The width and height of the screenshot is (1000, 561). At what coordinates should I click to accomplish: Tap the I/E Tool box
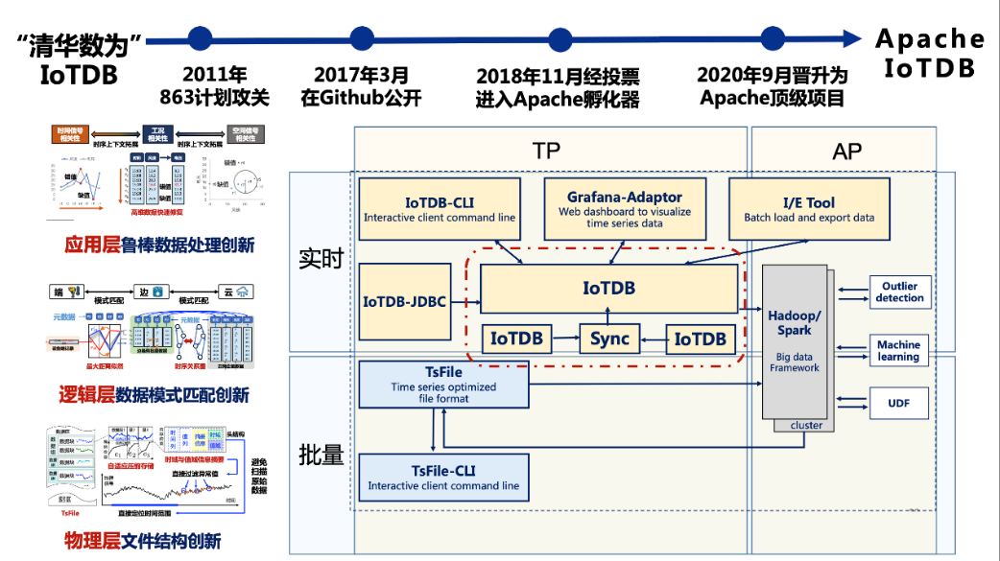[x=809, y=209]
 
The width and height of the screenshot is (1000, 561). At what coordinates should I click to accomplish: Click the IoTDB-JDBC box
[x=404, y=302]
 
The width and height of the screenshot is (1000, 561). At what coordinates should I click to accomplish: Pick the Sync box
[x=608, y=339]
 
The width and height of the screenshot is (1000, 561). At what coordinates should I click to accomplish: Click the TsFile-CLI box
[x=443, y=478]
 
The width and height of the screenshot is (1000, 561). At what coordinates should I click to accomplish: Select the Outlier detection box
[x=900, y=292]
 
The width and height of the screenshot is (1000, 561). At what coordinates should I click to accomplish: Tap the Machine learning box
[x=898, y=351]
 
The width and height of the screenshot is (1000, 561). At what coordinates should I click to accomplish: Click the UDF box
[x=900, y=404]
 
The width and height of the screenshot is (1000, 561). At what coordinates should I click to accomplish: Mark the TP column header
[x=546, y=151]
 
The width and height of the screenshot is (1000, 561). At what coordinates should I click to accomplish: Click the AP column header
[x=847, y=151]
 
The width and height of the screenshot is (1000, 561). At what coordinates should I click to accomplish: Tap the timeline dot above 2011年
[x=200, y=38]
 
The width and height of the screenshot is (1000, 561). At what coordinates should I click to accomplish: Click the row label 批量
[x=321, y=456]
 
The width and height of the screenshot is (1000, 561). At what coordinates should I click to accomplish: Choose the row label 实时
[x=321, y=259]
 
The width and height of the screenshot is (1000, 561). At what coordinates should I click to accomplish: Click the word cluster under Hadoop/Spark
[x=806, y=425]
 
